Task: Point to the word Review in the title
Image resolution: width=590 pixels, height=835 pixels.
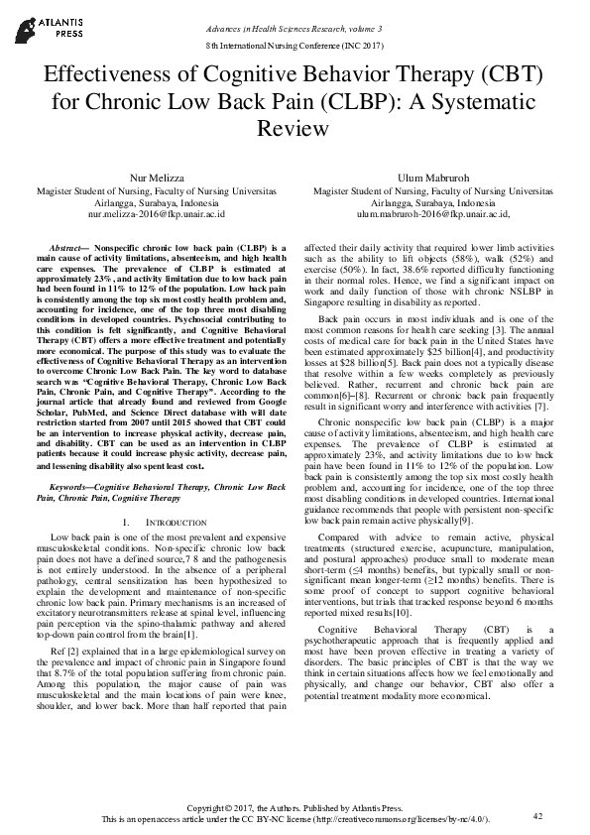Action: click(295, 129)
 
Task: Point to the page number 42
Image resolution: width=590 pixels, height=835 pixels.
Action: click(537, 815)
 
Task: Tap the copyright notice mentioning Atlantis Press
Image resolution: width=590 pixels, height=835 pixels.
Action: click(295, 809)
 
